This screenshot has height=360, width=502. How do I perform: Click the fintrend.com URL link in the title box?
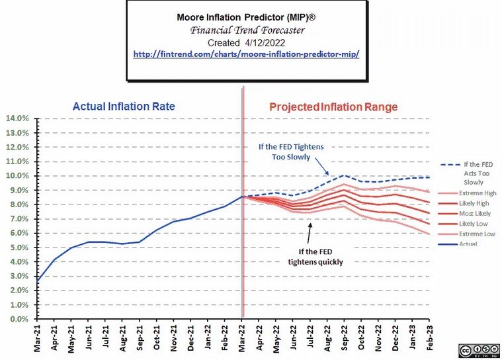245,54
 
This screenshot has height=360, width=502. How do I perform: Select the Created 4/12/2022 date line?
245,41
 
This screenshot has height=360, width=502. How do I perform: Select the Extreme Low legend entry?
474,234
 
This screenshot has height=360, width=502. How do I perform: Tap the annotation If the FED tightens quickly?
315,256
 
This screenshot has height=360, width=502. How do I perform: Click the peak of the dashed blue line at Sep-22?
344,175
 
